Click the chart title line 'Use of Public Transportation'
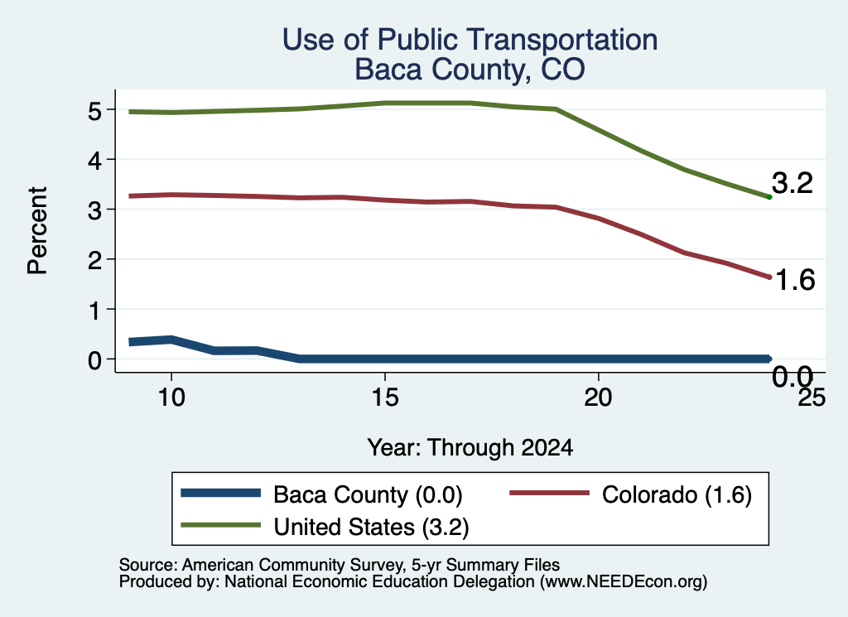[x=470, y=40]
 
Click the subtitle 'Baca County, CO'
[x=470, y=70]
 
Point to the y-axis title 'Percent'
[x=37, y=231]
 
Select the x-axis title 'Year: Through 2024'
[x=470, y=448]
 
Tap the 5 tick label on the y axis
[x=94, y=111]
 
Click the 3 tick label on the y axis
[x=94, y=210]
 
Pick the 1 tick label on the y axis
[x=95, y=311]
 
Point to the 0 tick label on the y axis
[x=94, y=360]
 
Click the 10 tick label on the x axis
[x=171, y=398]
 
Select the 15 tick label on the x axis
[x=385, y=398]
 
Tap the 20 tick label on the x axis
[x=598, y=398]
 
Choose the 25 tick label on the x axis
[x=812, y=398]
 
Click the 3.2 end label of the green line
[x=793, y=183]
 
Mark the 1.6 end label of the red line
[x=794, y=280]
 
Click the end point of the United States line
[x=769, y=197]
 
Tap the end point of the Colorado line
[x=769, y=277]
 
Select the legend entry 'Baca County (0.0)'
[x=322, y=494]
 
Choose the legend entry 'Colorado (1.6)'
[x=630, y=494]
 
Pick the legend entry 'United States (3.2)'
[x=325, y=527]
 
